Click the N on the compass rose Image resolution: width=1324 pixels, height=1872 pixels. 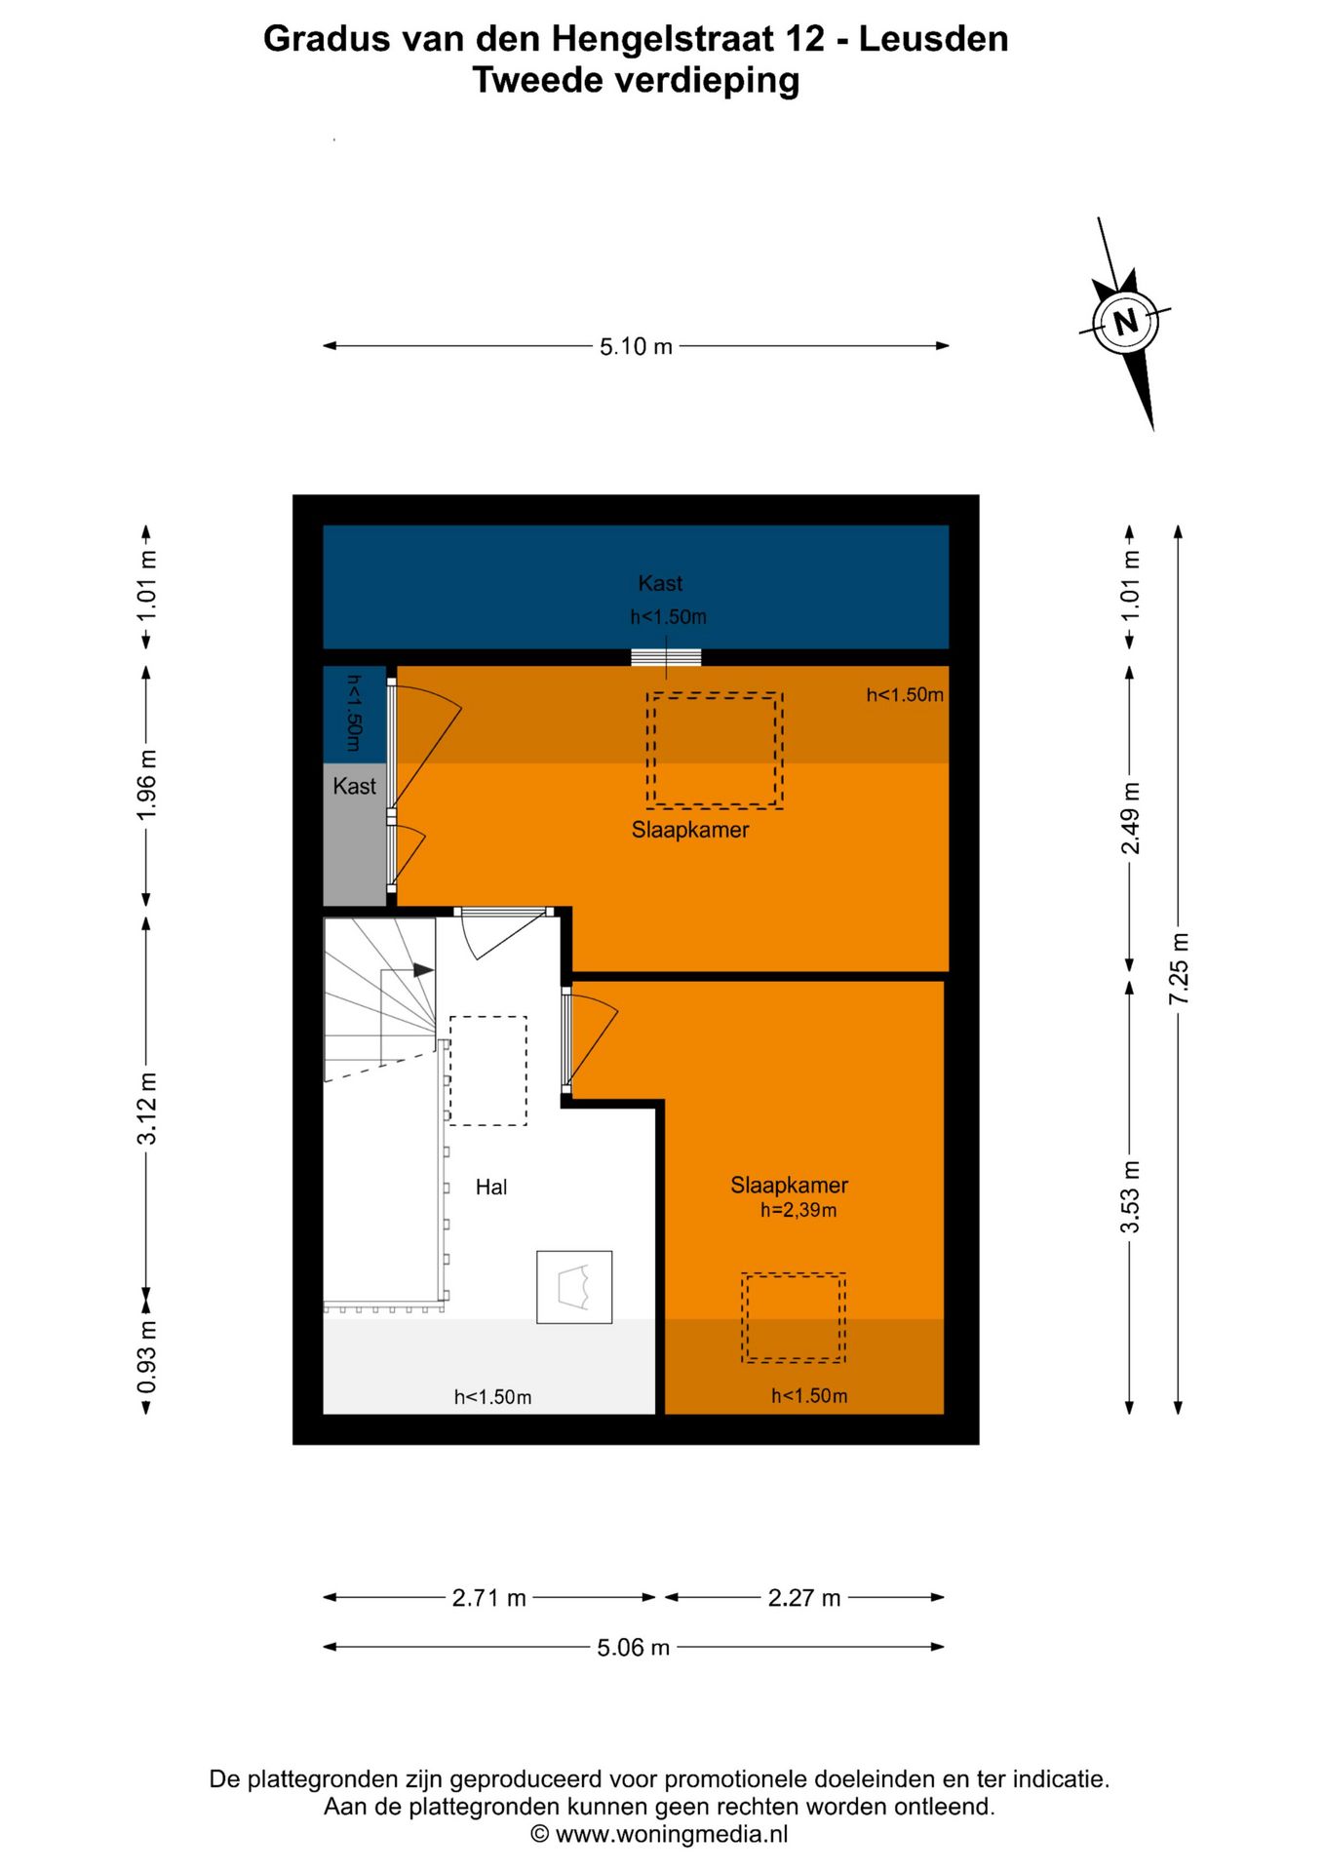click(x=1126, y=321)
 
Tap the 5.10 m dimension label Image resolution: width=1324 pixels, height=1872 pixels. click(x=636, y=346)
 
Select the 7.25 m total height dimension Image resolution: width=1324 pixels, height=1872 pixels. click(x=1179, y=969)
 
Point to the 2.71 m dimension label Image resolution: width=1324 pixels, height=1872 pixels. click(x=488, y=1598)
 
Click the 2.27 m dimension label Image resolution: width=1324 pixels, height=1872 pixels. click(x=804, y=1598)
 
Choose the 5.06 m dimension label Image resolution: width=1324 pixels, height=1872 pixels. click(x=634, y=1648)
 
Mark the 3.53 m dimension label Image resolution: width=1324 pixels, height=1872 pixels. click(x=1130, y=1197)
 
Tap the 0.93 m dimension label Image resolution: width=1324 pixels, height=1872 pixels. click(x=146, y=1357)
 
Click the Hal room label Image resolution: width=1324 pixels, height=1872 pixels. click(x=491, y=1187)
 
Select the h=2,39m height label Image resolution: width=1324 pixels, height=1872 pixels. click(x=798, y=1210)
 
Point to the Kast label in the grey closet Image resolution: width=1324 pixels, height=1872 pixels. click(x=354, y=786)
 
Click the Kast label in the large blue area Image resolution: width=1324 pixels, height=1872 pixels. click(x=660, y=583)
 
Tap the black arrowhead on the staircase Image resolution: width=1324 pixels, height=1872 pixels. click(x=423, y=970)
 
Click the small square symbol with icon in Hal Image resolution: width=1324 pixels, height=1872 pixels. click(x=574, y=1287)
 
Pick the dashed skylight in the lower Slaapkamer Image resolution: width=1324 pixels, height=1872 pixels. click(x=794, y=1317)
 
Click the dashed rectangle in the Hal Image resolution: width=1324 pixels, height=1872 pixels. click(x=487, y=1071)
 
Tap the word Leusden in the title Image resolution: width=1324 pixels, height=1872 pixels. click(x=933, y=39)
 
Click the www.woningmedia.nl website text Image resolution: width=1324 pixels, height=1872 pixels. click(x=672, y=1834)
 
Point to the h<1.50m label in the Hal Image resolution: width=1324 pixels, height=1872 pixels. click(x=492, y=1397)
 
